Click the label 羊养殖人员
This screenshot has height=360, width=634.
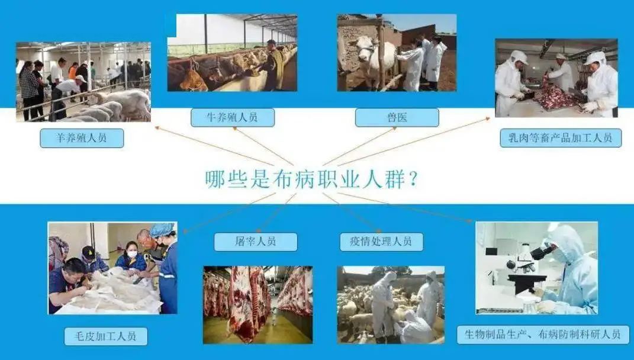pyautogui.click(x=82, y=138)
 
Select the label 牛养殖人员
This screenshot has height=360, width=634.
pyautogui.click(x=233, y=117)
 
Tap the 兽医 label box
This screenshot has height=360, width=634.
pyautogui.click(x=397, y=117)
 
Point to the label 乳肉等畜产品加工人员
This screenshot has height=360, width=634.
pyautogui.click(x=560, y=138)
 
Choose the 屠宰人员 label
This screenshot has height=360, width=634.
pyautogui.click(x=255, y=242)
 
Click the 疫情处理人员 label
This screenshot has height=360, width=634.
pyautogui.click(x=382, y=242)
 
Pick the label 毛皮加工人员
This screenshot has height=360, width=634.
pyautogui.click(x=106, y=336)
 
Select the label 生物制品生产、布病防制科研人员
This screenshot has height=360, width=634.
pyautogui.click(x=542, y=334)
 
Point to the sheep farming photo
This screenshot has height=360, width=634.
pyautogui.click(x=83, y=82)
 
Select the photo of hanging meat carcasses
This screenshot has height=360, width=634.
pyautogui.click(x=258, y=304)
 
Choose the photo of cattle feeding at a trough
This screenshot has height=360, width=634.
pyautogui.click(x=231, y=53)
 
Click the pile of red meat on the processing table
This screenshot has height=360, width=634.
pyautogui.click(x=556, y=98)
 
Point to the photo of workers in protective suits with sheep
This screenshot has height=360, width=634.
pyautogui.click(x=390, y=304)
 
